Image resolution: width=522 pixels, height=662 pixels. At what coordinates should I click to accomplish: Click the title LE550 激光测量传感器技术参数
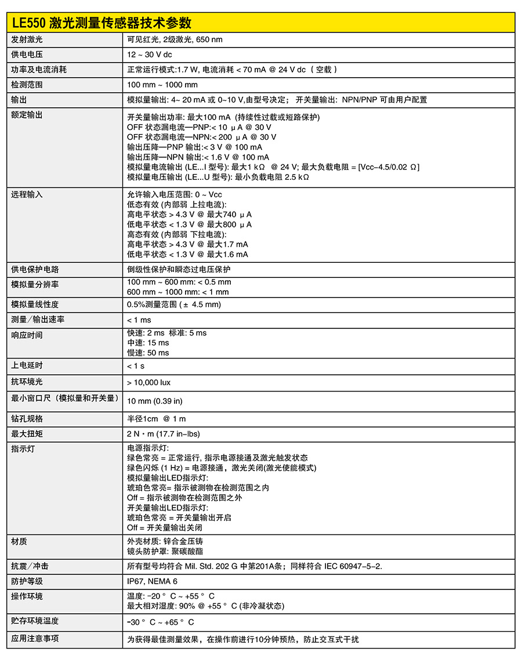coord(101,23)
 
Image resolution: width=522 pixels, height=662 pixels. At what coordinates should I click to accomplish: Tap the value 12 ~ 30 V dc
coord(150,55)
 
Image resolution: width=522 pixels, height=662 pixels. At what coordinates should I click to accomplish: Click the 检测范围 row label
coord(27,85)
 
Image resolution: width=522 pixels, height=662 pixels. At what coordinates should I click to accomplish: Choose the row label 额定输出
coord(27,115)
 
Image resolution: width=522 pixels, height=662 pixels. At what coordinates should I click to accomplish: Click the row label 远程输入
coord(27,194)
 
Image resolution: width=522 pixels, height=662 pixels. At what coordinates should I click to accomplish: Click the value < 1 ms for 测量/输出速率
coord(139,320)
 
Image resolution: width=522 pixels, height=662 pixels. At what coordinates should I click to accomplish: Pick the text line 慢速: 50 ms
coord(148,353)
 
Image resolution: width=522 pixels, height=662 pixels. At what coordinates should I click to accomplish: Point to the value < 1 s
coord(136,366)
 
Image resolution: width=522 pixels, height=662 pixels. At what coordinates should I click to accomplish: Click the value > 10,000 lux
coord(149,382)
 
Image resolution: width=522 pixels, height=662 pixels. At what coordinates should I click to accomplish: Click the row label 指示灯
coord(23,448)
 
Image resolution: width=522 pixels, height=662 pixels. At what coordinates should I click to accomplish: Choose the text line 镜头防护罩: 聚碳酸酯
coord(165,551)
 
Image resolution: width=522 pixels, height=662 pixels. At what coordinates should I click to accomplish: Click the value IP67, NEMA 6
coord(153,581)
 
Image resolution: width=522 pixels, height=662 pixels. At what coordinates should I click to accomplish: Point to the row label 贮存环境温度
coord(35,621)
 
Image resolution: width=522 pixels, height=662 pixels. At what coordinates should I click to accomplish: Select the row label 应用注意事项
coord(35,639)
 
